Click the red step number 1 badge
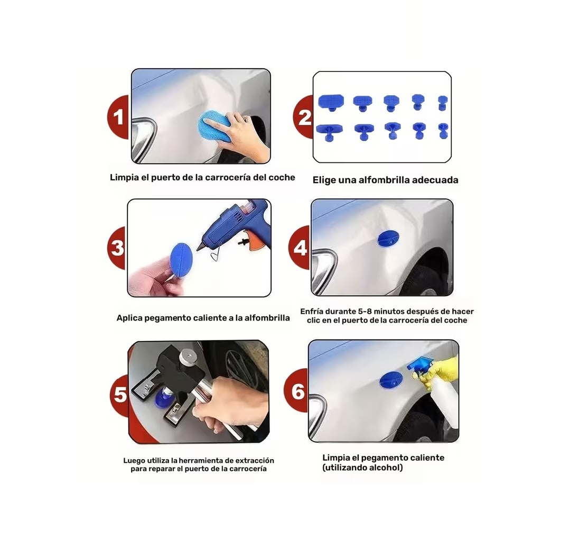coord(118,117)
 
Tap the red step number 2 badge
coord(304,118)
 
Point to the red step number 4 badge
coord(300,248)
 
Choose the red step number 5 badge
coord(120,395)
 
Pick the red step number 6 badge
coord(297,392)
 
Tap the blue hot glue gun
coord(227,227)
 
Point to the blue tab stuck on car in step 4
coord(388,239)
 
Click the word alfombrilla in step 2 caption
coord(379,180)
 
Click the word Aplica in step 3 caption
coord(130,318)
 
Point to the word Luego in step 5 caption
coord(135,461)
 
